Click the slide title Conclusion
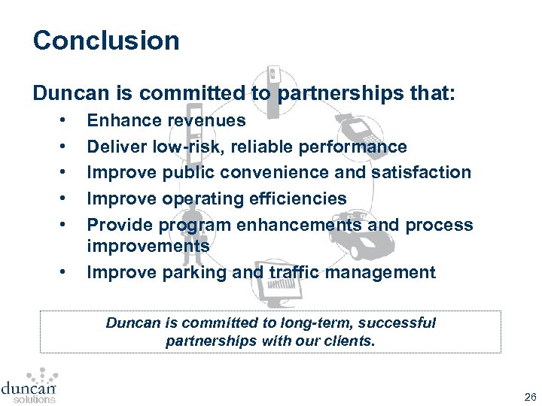[106, 41]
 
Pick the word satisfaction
[421, 172]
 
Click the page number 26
[530, 396]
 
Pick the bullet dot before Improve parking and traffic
[65, 272]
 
